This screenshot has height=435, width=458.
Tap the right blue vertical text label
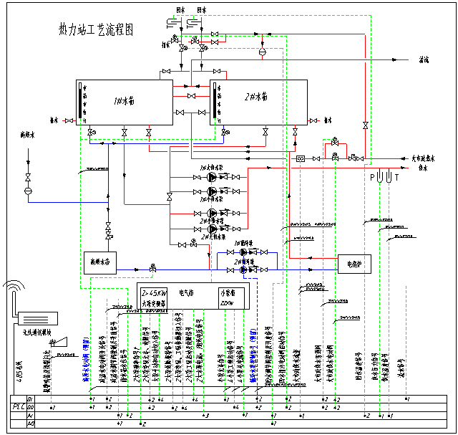click(254, 355)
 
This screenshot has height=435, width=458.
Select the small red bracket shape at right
click(336, 145)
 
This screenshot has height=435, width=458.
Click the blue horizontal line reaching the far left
click(68, 202)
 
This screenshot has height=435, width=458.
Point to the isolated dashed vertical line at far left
click(51, 376)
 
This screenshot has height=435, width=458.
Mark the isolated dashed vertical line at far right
click(406, 340)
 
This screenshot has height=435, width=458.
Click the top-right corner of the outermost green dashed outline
click(371, 16)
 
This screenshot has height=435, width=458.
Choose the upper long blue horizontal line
click(157, 143)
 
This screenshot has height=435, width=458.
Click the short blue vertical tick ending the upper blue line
click(223, 135)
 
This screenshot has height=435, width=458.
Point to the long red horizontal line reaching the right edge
click(329, 168)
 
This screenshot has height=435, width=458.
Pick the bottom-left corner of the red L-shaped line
click(289, 257)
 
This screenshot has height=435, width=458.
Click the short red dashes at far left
click(69, 120)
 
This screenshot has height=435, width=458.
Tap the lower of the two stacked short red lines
click(191, 96)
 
